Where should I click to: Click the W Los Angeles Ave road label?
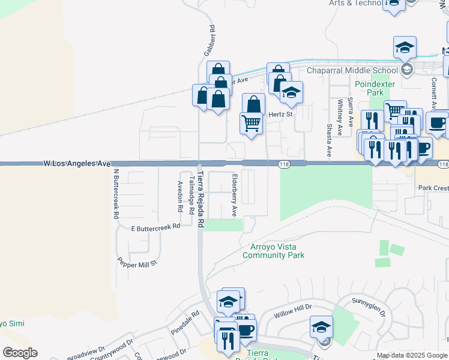pyautogui.click(x=77, y=163)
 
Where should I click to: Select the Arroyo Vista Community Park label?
pyautogui.click(x=273, y=251)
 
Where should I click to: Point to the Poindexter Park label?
pyautogui.click(x=369, y=89)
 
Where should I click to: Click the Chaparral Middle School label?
pyautogui.click(x=352, y=70)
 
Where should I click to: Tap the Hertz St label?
pyautogui.click(x=280, y=114)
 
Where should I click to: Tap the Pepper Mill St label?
pyautogui.click(x=137, y=262)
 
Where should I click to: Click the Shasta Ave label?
pyautogui.click(x=329, y=140)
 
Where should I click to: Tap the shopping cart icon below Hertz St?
pyautogui.click(x=251, y=122)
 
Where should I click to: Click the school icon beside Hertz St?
pyautogui.click(x=291, y=92)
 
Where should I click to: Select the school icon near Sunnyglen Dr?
pyautogui.click(x=321, y=327)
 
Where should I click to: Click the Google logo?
pyautogui.click(x=20, y=353)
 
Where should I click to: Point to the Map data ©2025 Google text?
pyautogui.click(x=411, y=355)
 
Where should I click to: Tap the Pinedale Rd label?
pyautogui.click(x=184, y=322)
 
